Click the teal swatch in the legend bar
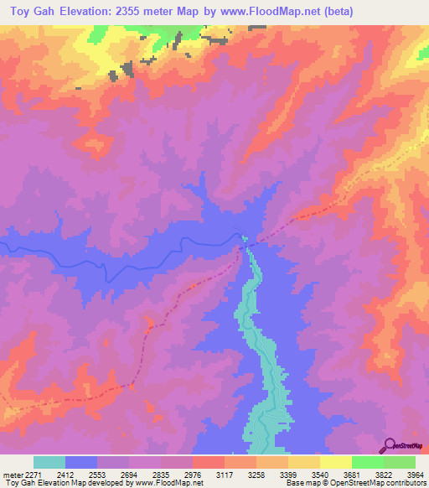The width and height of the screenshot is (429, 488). [x=49, y=462]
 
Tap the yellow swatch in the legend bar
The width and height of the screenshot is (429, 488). [x=336, y=462]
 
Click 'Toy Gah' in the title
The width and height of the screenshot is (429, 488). [x=34, y=12]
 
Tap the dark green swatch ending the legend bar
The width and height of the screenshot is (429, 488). [x=400, y=462]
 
